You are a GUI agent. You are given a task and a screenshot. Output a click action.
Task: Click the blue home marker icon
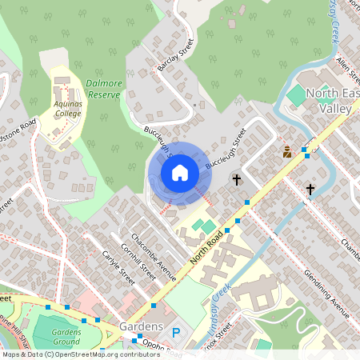point(180,173)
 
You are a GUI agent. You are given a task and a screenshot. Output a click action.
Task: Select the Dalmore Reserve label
point(104,89)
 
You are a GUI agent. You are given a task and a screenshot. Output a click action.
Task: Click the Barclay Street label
point(175,55)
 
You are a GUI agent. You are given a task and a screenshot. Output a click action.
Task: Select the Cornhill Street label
point(138,259)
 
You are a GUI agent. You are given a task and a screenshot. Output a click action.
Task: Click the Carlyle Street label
point(118,266)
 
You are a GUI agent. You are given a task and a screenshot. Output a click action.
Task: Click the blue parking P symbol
point(176,330)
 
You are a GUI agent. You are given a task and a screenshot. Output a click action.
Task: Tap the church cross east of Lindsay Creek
point(310,190)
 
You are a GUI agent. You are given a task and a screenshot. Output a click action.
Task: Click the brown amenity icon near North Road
point(286,152)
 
